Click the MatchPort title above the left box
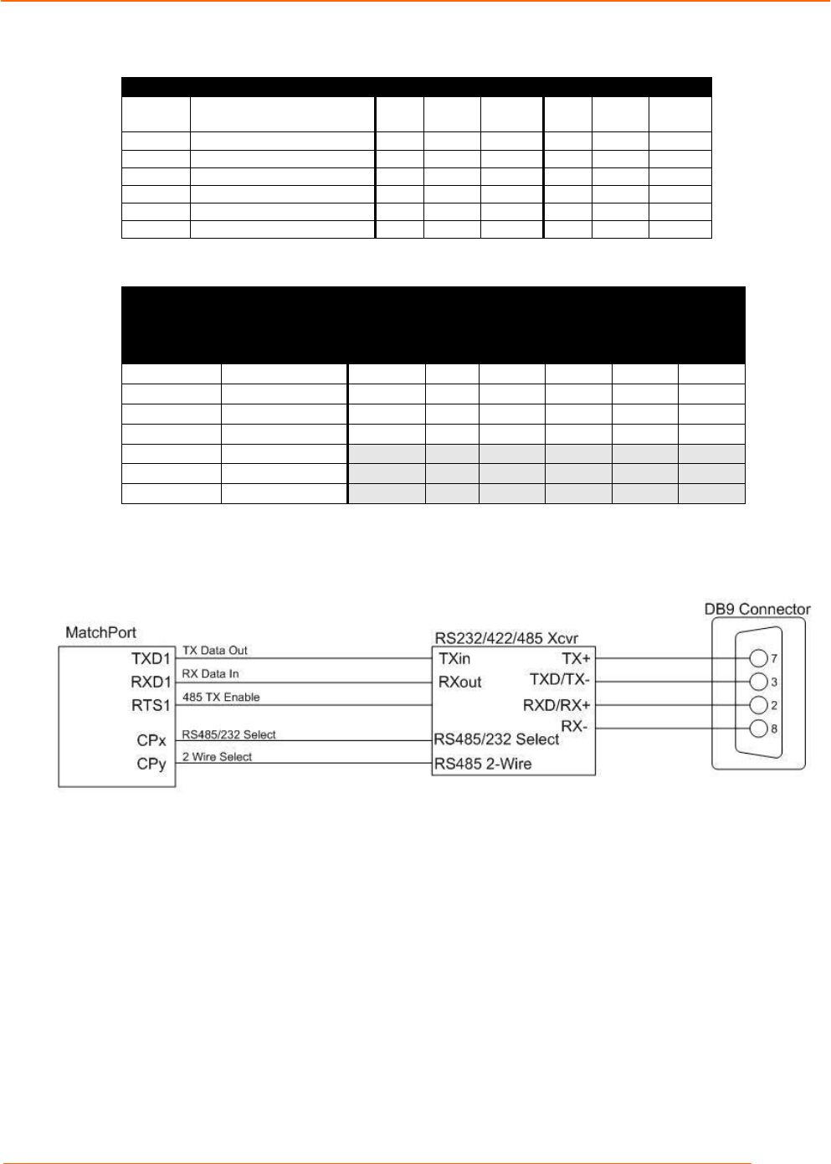tap(100, 632)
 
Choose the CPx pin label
tap(151, 741)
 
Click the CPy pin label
tap(151, 764)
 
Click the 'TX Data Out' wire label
tap(215, 651)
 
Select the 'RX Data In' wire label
tap(211, 674)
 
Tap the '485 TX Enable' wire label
tap(221, 697)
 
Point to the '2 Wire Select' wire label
tap(217, 757)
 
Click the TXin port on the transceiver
tap(454, 659)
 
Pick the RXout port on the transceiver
tap(460, 682)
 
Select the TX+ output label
tap(576, 659)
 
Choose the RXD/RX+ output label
tap(557, 705)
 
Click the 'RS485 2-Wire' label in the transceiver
tap(482, 764)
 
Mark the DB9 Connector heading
tap(757, 609)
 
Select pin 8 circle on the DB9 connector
tap(759, 729)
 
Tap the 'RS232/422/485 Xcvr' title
tap(505, 638)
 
